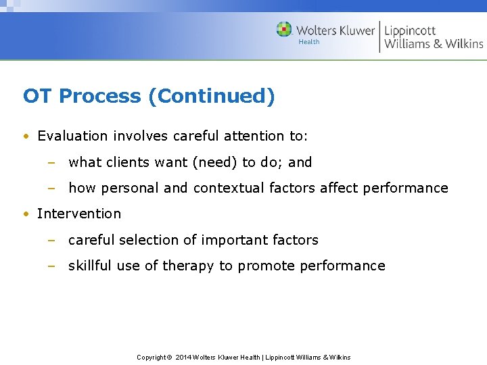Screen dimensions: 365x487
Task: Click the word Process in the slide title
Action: (101, 97)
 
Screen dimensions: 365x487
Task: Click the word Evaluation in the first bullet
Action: (72, 136)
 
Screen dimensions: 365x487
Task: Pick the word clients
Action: (127, 162)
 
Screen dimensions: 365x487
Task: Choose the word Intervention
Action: (79, 214)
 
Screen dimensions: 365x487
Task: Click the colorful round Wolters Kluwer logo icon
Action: (284, 30)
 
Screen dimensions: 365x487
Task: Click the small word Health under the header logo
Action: (308, 42)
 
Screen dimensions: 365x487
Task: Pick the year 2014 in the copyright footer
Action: (183, 357)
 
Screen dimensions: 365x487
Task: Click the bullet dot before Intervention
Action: (25, 214)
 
